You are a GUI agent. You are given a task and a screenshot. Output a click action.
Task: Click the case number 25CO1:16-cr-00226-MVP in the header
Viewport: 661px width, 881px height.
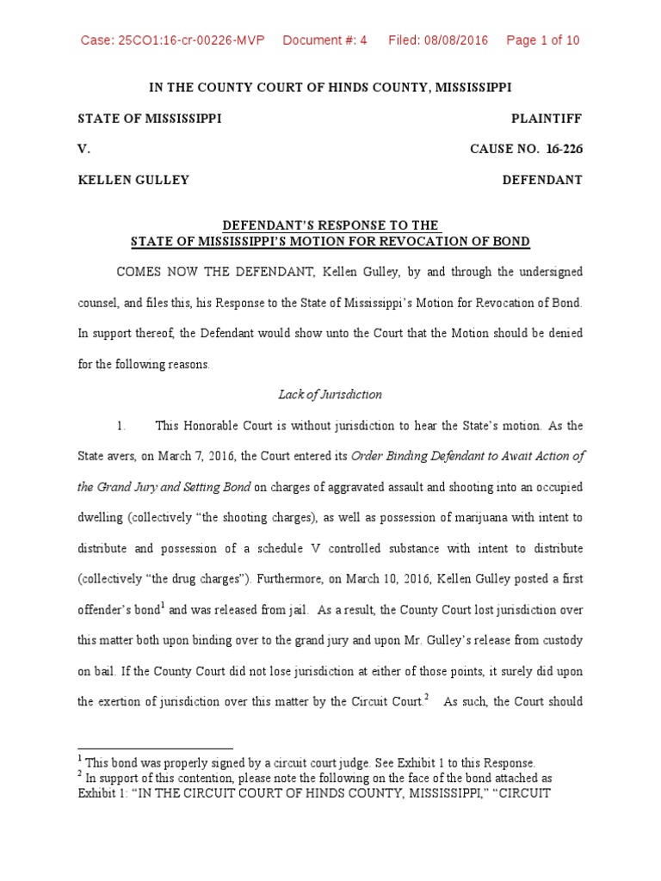coord(172,40)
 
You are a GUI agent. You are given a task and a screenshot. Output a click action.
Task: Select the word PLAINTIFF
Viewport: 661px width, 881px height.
coord(546,119)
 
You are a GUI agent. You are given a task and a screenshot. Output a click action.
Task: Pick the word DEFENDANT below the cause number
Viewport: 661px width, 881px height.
coord(542,180)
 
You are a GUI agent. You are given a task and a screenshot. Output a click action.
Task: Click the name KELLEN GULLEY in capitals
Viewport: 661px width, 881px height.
coord(133,180)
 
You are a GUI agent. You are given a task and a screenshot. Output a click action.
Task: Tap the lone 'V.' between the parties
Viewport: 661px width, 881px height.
coord(83,149)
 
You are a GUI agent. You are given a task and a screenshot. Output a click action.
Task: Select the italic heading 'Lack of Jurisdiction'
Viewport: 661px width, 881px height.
coord(330,395)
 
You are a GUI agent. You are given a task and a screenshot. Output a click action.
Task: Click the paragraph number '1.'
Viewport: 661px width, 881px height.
coord(122,425)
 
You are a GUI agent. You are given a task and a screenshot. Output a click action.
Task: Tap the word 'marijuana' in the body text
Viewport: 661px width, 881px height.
coord(453,518)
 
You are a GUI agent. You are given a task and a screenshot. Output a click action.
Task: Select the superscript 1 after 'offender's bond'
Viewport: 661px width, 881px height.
coord(164,606)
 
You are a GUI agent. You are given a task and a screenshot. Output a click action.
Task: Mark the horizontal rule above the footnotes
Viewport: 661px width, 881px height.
coord(155,749)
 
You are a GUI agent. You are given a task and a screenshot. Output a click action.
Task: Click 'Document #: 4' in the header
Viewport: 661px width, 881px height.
coord(324,40)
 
